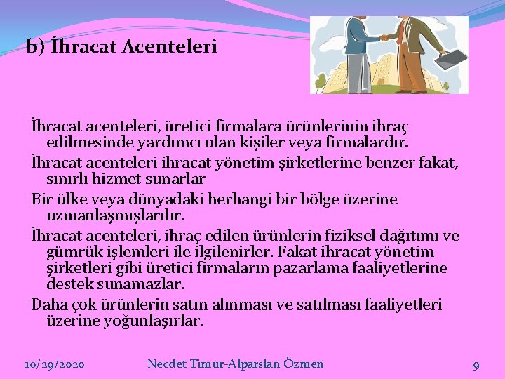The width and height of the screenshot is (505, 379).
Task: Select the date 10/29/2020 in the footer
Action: click(54, 364)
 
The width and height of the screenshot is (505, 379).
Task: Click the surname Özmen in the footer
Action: click(303, 364)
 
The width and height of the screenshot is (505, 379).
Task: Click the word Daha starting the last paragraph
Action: click(48, 305)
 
